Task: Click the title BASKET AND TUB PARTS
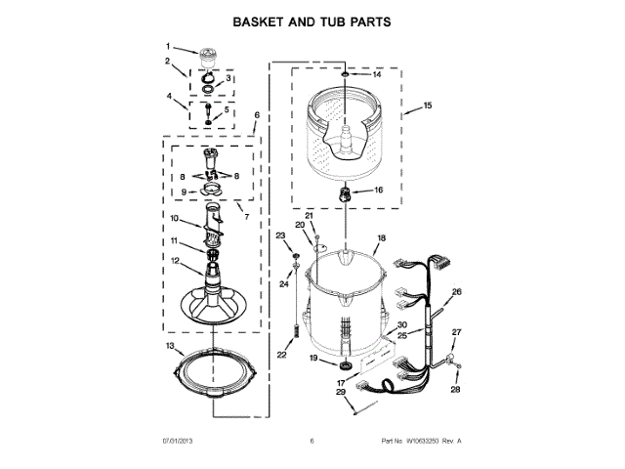[312, 21]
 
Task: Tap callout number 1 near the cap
[167, 46]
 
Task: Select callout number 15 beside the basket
[427, 106]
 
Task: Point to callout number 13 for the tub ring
[169, 346]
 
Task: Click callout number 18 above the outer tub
[382, 237]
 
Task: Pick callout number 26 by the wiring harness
[456, 291]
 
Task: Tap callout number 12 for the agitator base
[175, 261]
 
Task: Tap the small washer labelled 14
[346, 74]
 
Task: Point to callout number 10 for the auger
[175, 218]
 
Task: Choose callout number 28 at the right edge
[454, 389]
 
